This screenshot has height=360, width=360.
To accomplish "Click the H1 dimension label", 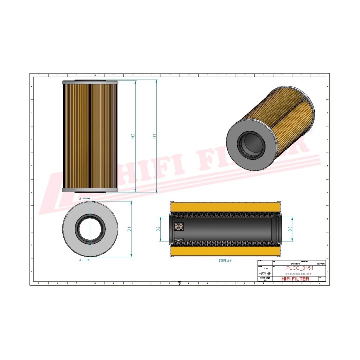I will coord(155,136).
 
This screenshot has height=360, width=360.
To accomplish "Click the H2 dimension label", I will coord(133,136).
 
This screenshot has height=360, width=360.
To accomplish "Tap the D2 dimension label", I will coord(158,229).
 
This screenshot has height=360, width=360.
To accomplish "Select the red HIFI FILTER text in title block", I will coord(296,279).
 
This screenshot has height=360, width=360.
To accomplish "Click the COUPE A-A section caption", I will coord(226,261).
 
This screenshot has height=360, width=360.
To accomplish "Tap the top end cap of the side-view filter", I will coord(90,82).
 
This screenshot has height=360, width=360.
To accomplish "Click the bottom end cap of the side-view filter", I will coord(90,190).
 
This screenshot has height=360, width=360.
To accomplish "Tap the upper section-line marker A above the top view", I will coord(80,198).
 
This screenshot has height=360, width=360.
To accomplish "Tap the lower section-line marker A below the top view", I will coord(80,260).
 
